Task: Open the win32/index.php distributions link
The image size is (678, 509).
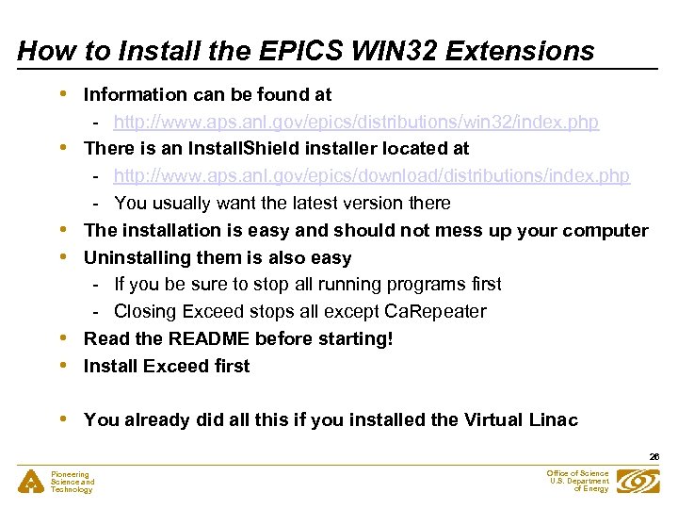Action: coord(356,123)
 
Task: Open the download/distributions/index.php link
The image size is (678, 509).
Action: coord(371,176)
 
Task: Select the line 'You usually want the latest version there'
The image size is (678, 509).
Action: coord(282,204)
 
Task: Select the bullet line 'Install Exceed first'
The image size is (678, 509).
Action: coord(167,367)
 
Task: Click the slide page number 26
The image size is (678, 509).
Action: coord(654,457)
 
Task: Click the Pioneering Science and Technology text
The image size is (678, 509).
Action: coord(72,482)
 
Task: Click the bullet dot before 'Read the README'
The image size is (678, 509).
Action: coord(63,337)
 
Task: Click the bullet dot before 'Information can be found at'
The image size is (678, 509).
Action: coord(63,93)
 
